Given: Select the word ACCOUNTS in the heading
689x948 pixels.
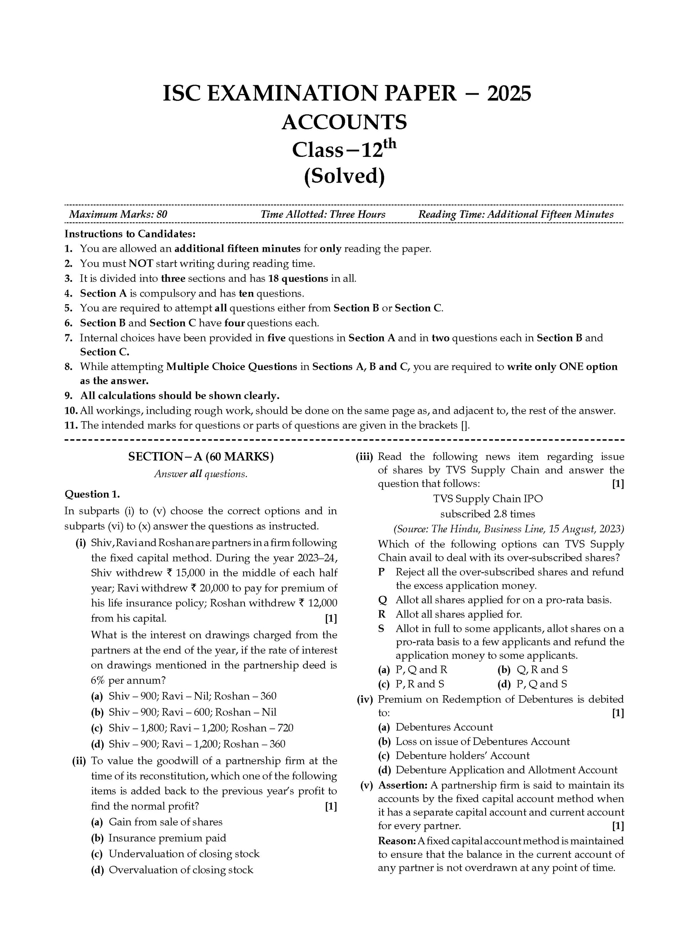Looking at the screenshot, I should (x=344, y=122).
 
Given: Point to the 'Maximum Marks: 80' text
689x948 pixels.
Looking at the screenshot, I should (x=118, y=214).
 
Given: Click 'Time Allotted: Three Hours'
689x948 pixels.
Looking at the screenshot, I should (x=323, y=214).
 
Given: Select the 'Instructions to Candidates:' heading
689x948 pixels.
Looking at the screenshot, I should (x=130, y=234).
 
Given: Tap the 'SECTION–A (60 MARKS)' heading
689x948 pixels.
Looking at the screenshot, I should (x=201, y=457).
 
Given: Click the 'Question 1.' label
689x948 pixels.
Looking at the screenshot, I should (x=92, y=494).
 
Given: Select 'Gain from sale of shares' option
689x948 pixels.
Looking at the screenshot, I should (x=166, y=822).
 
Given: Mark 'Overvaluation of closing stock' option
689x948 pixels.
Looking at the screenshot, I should (x=181, y=870).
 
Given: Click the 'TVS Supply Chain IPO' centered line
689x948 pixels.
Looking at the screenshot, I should (x=487, y=499).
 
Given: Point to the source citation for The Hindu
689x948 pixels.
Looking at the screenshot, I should (x=508, y=529).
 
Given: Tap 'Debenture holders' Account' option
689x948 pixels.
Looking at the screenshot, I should (x=462, y=756).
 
